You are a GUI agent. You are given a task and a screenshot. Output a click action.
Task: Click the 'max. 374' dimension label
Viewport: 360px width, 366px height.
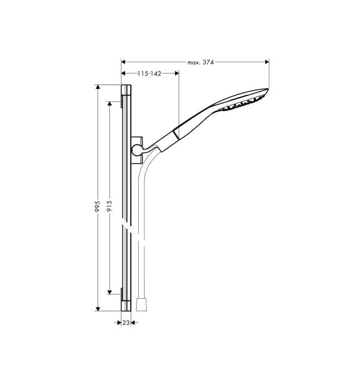coord(201,62)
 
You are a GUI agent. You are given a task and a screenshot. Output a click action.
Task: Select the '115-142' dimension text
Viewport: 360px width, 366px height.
coord(150,74)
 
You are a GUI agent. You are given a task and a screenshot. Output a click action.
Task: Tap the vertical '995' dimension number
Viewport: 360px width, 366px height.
coord(98,207)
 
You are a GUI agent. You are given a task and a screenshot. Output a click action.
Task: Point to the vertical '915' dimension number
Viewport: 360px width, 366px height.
coord(110,206)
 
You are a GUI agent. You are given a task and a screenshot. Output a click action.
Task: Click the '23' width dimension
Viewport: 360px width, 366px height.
coord(126,323)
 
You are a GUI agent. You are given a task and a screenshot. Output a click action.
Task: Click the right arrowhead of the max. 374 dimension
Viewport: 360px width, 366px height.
coord(267,62)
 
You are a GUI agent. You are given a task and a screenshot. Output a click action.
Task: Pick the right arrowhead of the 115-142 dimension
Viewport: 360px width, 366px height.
coord(177,73)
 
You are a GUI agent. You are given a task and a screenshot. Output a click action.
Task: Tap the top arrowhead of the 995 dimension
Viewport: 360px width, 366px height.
coord(98,87)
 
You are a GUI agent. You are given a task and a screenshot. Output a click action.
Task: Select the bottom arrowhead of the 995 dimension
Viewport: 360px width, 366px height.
coord(98,309)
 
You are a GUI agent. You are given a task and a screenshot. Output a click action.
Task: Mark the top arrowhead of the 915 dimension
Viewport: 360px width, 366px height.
coord(110,104)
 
